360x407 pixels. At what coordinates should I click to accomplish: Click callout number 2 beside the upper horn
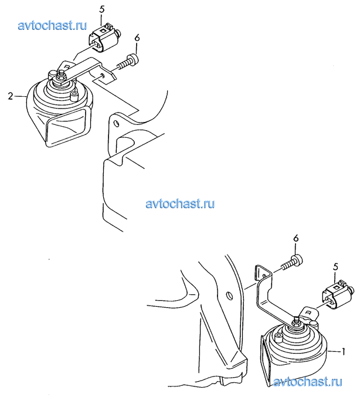point(11,96)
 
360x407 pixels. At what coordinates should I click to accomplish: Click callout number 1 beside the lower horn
point(344,352)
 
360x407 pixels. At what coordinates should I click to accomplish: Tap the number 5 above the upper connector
point(102,10)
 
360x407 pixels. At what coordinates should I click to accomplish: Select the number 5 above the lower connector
point(335,267)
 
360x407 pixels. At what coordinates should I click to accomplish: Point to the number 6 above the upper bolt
point(137,38)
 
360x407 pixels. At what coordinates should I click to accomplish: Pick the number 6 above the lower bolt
point(296,239)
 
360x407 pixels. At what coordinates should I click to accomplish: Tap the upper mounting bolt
point(128,62)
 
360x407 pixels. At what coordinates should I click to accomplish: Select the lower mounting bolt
point(293,263)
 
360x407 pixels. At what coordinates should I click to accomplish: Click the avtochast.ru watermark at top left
point(52,25)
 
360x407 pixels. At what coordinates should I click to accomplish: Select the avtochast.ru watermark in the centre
point(180,203)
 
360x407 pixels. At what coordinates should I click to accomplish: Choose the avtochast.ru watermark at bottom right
point(308,382)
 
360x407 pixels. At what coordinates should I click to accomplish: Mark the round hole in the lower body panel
point(229,296)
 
